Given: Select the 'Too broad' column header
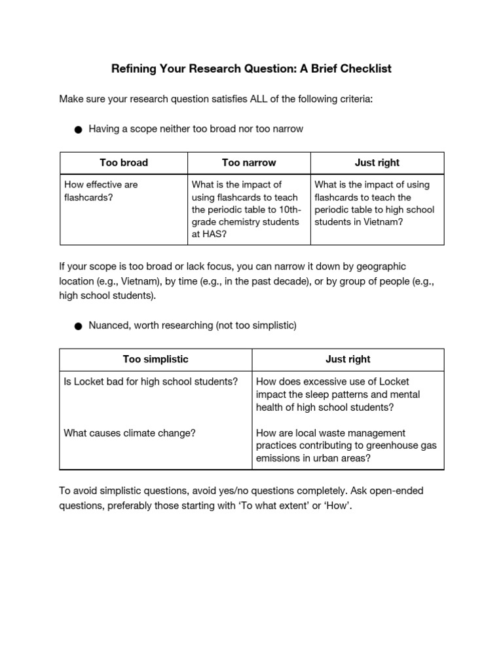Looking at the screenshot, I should click(124, 163).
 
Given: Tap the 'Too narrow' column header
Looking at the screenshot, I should click(249, 163).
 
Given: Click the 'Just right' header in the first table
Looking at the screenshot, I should click(377, 163).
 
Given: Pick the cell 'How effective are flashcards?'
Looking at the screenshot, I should click(100, 191).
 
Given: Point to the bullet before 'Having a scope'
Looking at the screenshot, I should click(78, 130).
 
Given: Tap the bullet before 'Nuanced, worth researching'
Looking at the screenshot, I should click(78, 326).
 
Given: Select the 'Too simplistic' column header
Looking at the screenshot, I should click(156, 359).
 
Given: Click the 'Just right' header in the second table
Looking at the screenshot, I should click(348, 359).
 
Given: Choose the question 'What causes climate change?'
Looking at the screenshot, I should click(130, 433).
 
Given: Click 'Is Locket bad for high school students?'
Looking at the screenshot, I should click(151, 381).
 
